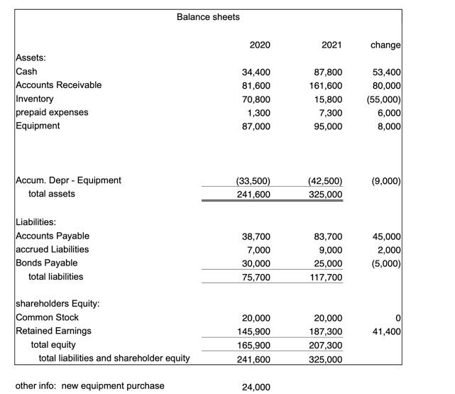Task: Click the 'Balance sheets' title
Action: (x=208, y=16)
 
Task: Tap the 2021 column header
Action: (x=331, y=45)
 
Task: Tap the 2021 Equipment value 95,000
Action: (x=328, y=126)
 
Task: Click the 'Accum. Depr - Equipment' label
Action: (x=68, y=180)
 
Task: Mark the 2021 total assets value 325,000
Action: (x=326, y=194)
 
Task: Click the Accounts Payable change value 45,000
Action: (x=388, y=236)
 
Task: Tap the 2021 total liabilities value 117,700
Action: (x=326, y=277)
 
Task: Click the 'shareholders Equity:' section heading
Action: (x=57, y=304)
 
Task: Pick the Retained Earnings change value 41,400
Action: (x=388, y=331)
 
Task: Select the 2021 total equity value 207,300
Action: (x=326, y=345)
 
